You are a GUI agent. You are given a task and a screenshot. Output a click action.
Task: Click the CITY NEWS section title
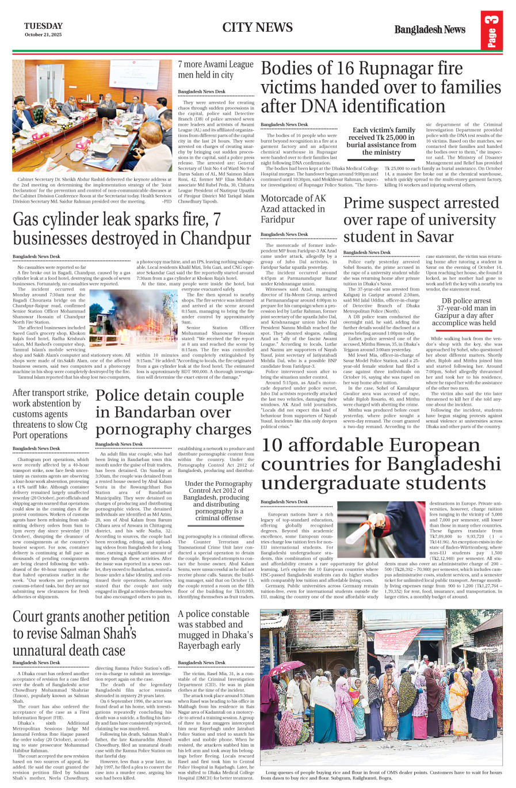tap(257, 27)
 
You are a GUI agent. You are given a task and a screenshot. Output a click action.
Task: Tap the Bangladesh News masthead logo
tap(429, 29)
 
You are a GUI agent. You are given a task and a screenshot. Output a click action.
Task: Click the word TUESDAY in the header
tap(43, 26)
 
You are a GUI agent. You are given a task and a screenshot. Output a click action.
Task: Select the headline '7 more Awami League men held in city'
tap(215, 70)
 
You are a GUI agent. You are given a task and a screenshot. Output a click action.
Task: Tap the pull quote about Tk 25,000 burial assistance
tap(381, 141)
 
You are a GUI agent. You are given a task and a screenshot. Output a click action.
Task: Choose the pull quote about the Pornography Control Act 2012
tap(218, 500)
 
